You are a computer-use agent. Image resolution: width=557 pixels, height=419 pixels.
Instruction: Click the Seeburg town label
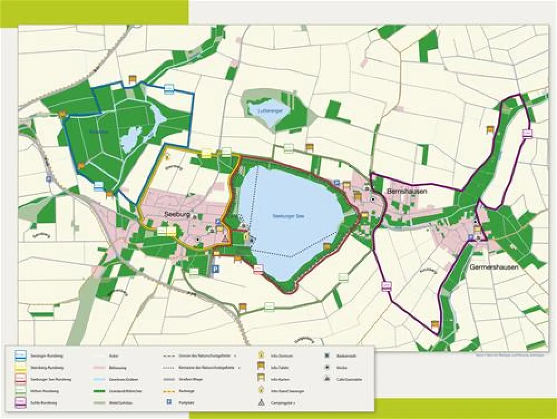(x=178, y=214)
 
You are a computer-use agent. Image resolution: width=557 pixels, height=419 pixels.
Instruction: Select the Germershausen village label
(x=494, y=267)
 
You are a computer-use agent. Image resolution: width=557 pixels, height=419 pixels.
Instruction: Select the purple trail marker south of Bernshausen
(x=385, y=286)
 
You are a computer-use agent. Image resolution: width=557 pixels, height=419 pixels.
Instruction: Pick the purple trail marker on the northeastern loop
(x=527, y=133)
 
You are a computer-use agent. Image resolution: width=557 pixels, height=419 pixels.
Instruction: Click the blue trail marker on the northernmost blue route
(x=169, y=88)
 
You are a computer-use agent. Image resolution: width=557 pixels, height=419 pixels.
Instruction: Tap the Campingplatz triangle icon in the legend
(x=261, y=402)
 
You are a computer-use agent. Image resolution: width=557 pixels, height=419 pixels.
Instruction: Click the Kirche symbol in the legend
(x=325, y=367)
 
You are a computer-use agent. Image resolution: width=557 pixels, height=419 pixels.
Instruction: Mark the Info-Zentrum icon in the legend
(x=261, y=354)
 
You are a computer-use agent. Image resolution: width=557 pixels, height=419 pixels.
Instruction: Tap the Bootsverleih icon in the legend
(x=325, y=355)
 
